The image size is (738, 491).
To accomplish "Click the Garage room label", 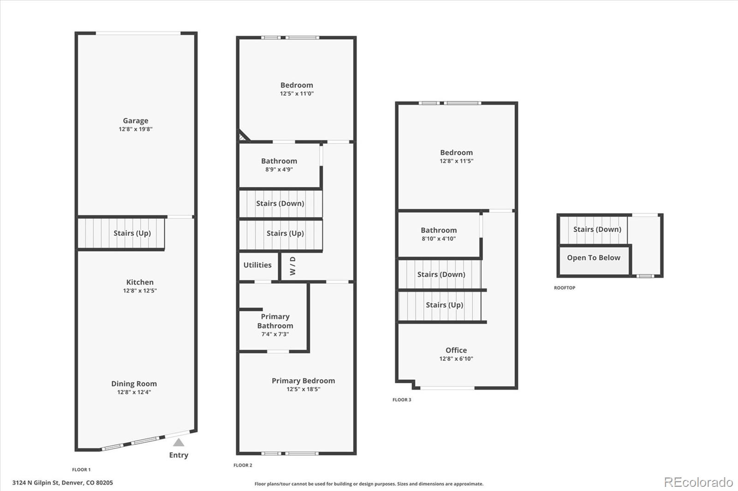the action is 136,121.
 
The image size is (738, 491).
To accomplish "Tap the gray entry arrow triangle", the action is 179,442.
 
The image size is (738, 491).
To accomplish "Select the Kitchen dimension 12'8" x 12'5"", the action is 140,291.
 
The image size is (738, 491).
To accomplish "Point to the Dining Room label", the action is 134,384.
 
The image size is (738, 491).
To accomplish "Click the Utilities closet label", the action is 257,265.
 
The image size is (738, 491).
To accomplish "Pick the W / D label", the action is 292,266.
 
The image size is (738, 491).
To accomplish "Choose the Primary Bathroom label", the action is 275,321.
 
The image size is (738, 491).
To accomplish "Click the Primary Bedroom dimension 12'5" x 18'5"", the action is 304,389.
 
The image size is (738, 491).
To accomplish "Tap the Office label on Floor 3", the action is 456,350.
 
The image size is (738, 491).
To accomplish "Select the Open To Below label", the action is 593,257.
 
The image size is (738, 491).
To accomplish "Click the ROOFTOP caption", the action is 565,287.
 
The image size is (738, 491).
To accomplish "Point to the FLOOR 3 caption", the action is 402,399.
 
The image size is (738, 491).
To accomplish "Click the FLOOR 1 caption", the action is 81,470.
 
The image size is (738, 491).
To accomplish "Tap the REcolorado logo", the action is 698,482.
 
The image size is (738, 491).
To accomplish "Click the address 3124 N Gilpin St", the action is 35,483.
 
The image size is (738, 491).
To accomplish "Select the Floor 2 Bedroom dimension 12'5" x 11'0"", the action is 297,94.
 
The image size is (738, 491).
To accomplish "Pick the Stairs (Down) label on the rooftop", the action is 597,229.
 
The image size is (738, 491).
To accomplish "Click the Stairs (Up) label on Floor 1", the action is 132,234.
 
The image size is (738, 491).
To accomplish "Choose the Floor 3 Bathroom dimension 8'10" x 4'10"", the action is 439,239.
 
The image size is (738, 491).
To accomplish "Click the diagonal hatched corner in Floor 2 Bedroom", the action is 243,136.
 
